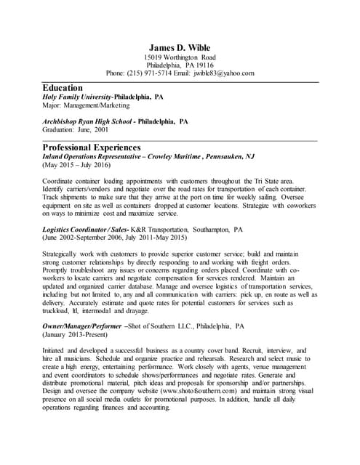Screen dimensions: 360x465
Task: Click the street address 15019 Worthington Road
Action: pos(180,57)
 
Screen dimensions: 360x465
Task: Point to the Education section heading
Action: pos(63,87)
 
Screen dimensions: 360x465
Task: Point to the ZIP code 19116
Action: pos(202,65)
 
